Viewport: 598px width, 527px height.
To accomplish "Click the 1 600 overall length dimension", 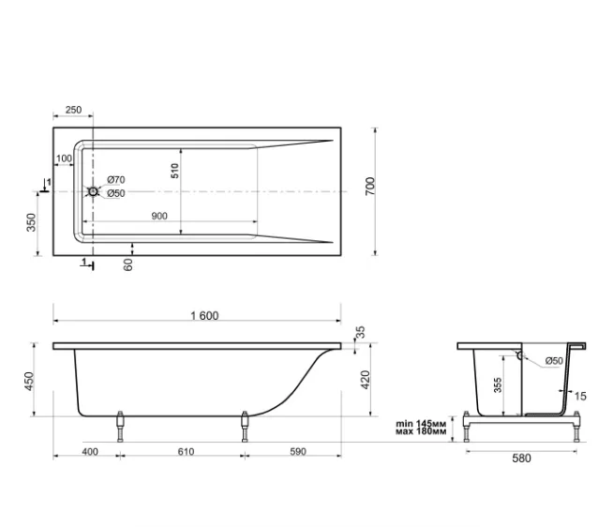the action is click(x=204, y=316).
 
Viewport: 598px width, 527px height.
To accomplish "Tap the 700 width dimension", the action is click(x=370, y=187).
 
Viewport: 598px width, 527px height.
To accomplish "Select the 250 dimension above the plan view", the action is click(x=73, y=110).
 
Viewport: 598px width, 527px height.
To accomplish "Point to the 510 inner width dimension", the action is click(x=174, y=171).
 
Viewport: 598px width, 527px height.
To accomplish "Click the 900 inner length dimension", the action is click(x=159, y=216).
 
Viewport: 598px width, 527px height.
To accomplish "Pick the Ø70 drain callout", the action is click(x=116, y=179).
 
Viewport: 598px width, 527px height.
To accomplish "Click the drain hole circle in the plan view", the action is click(x=93, y=191).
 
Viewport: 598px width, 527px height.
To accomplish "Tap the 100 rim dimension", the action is click(x=64, y=158).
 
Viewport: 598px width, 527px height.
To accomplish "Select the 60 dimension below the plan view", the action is click(x=128, y=264).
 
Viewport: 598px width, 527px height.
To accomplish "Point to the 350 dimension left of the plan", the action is click(x=31, y=222).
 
